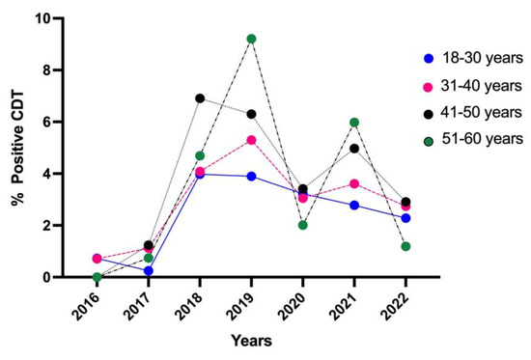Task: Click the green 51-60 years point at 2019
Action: tap(251, 39)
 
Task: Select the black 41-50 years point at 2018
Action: tap(200, 98)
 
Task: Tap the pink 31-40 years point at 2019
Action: tap(251, 140)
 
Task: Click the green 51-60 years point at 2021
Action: tap(354, 123)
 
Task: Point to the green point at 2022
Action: tap(406, 246)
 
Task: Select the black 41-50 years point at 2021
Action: tap(354, 149)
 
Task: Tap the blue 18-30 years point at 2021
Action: tap(354, 205)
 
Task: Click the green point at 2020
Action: tap(303, 225)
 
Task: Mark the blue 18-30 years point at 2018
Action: tap(200, 174)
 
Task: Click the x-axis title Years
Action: tap(251, 341)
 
